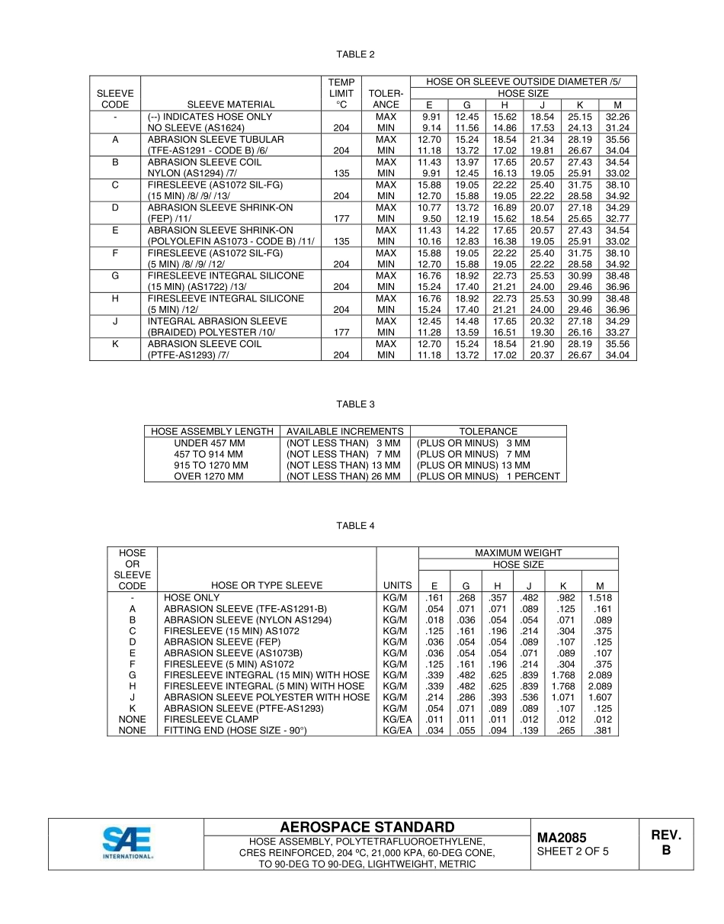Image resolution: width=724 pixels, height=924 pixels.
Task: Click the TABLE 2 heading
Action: [x=356, y=54]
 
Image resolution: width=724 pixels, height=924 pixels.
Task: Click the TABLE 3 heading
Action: [x=356, y=404]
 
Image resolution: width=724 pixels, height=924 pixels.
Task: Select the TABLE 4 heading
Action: [x=356, y=526]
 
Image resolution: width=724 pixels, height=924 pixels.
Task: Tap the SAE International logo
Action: [x=127, y=843]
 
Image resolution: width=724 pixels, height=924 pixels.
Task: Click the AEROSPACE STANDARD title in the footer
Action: [x=367, y=827]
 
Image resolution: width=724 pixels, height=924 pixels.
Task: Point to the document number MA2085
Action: [x=562, y=838]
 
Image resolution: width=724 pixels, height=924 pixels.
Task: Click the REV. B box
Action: [x=666, y=843]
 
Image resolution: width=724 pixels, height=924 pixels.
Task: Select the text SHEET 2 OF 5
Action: [x=573, y=852]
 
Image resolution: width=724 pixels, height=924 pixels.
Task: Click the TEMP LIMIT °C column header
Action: [x=341, y=93]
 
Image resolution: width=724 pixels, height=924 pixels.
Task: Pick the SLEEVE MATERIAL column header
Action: [x=231, y=105]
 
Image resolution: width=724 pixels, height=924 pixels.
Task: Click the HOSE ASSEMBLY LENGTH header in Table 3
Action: [x=212, y=431]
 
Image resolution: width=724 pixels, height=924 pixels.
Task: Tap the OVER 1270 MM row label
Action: [x=209, y=476]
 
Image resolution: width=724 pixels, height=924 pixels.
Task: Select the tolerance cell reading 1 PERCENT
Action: [x=489, y=476]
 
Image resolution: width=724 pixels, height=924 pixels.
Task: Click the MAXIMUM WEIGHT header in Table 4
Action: [x=518, y=552]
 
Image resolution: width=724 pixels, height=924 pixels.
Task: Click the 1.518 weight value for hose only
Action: [x=600, y=597]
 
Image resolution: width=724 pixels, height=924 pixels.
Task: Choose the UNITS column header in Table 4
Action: [x=398, y=586]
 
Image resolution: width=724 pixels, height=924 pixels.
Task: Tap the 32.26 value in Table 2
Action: [x=617, y=117]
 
